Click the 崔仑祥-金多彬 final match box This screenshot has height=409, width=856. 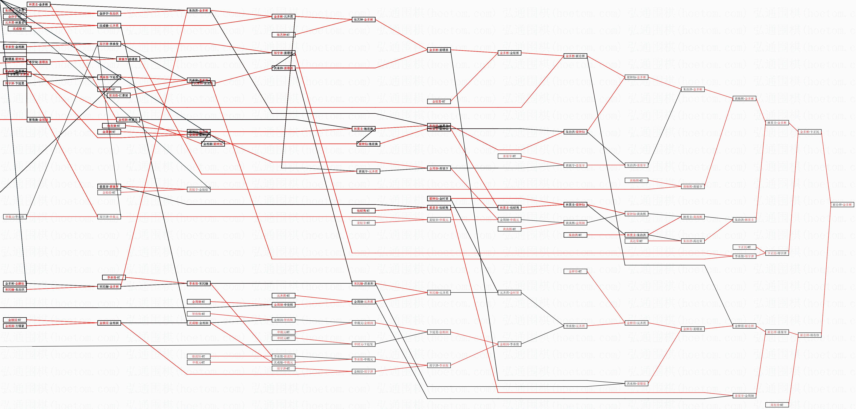pyautogui.click(x=842, y=205)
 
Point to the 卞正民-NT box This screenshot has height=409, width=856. pyautogui.click(x=744, y=247)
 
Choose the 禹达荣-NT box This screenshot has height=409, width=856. pyautogui.click(x=636, y=241)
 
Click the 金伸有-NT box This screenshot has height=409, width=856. pyautogui.click(x=575, y=271)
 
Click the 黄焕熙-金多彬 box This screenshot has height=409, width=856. pyautogui.click(x=744, y=99)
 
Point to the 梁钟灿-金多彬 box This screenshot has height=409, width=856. pyautogui.click(x=636, y=77)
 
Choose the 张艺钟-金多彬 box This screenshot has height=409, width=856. pyautogui.click(x=364, y=20)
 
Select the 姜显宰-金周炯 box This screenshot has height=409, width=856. pyautogui.click(x=744, y=396)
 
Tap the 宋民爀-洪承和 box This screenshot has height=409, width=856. pyautogui.click(x=364, y=283)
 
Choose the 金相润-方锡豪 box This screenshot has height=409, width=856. pyautogui.click(x=15, y=326)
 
